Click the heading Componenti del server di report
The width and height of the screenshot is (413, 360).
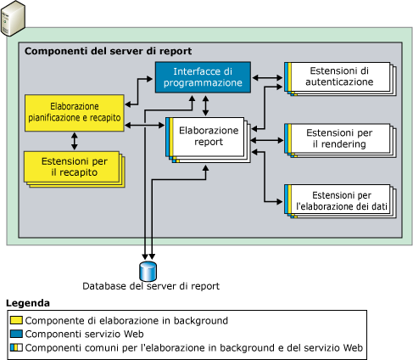pos(108,51)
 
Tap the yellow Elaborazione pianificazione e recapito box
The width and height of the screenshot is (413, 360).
pos(73,113)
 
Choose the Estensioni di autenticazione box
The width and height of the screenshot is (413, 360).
pos(340,77)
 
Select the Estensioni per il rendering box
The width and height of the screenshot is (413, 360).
pos(340,138)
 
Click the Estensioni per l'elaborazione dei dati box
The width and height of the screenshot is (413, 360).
pos(340,200)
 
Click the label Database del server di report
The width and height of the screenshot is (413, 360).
pos(150,286)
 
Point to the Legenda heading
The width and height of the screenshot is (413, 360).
pos(27,303)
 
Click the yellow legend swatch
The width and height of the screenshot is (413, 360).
pos(15,320)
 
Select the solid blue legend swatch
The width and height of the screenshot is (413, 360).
pos(15,335)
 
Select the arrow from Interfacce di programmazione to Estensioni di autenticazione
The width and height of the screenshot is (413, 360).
pos(269,78)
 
